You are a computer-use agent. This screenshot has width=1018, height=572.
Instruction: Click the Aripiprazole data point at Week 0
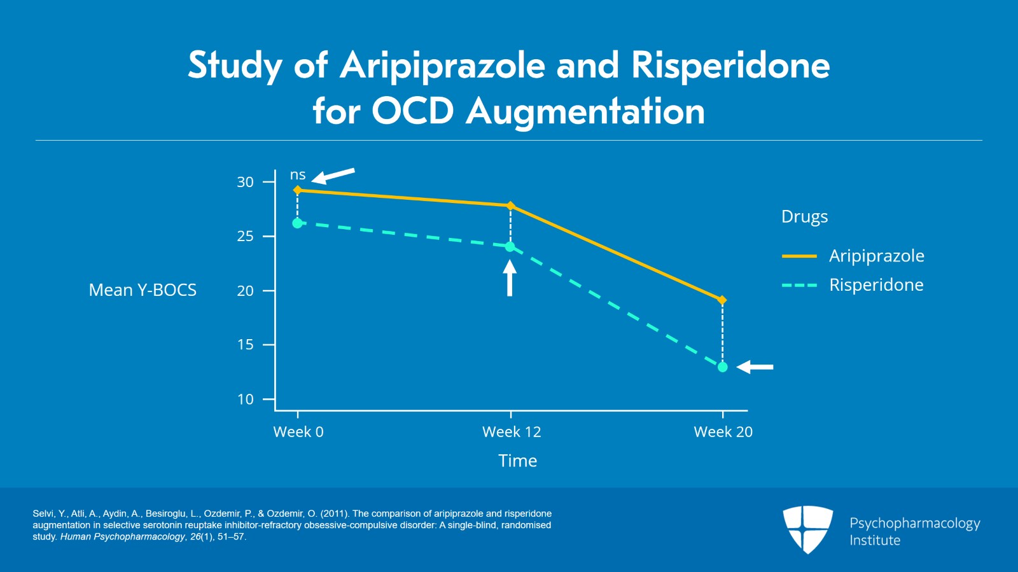[x=297, y=190]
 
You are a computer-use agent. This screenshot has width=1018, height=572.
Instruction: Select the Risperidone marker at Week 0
[x=297, y=223]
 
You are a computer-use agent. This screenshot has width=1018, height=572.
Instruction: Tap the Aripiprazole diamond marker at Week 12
[x=510, y=206]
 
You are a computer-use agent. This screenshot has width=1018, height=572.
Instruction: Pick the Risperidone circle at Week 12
[x=510, y=247]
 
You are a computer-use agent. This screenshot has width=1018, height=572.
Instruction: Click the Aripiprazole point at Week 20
[x=722, y=300]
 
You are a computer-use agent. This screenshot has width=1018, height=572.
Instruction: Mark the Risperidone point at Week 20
[x=722, y=367]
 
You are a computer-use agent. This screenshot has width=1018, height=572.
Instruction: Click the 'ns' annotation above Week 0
[x=298, y=175]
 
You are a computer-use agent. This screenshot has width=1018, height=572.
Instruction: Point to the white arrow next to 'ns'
[x=333, y=175]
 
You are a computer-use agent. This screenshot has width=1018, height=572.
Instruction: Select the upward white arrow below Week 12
[x=510, y=278]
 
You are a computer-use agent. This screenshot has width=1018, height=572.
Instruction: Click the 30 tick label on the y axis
[x=245, y=182]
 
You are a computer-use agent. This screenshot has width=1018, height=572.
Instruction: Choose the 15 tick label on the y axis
[x=245, y=345]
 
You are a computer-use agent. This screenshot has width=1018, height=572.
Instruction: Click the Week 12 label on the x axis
[x=512, y=432]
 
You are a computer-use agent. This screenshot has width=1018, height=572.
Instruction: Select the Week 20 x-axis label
[x=723, y=432]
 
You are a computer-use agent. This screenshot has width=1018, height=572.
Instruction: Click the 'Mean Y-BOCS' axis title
[x=143, y=290]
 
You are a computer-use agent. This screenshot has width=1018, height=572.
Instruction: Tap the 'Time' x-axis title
[x=517, y=461]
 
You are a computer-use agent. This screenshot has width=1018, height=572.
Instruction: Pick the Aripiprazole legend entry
[x=876, y=256]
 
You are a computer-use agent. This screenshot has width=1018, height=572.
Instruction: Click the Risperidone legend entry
[x=876, y=285]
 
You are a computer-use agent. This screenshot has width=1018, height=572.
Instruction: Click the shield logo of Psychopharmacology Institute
[x=807, y=529]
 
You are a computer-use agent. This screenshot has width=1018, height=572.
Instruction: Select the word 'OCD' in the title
[x=412, y=111]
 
